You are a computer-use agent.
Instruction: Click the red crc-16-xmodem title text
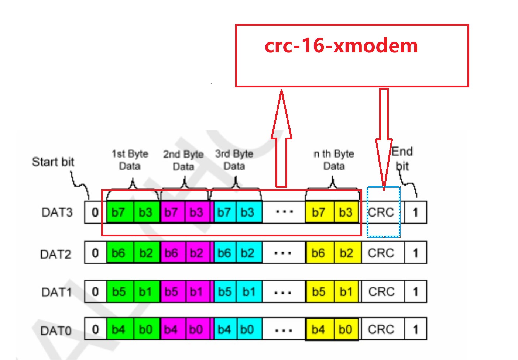pyautogui.click(x=341, y=46)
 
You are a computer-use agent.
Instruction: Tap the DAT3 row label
pyautogui.click(x=57, y=212)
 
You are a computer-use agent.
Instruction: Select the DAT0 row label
pyautogui.click(x=56, y=330)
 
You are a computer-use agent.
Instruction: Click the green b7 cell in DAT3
pyautogui.click(x=119, y=212)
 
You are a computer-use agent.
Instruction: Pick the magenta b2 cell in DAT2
pyautogui.click(x=197, y=253)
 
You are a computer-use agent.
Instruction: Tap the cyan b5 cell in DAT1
pyautogui.click(x=224, y=292)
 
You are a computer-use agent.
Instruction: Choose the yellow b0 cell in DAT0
pyautogui.click(x=346, y=329)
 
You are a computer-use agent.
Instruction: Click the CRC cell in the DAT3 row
pyautogui.click(x=381, y=212)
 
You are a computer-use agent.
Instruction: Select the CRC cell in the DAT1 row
pyautogui.click(x=381, y=292)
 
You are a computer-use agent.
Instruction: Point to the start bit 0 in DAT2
pyautogui.click(x=95, y=253)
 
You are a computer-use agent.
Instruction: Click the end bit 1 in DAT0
pyautogui.click(x=416, y=329)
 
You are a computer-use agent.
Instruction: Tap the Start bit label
pyautogui.click(x=53, y=162)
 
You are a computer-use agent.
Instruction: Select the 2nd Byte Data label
pyautogui.click(x=183, y=160)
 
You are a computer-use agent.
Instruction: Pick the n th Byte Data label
pyautogui.click(x=334, y=160)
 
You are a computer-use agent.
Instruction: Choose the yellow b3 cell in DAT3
pyautogui.click(x=346, y=212)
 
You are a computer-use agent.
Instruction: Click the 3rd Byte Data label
pyautogui.click(x=234, y=160)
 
